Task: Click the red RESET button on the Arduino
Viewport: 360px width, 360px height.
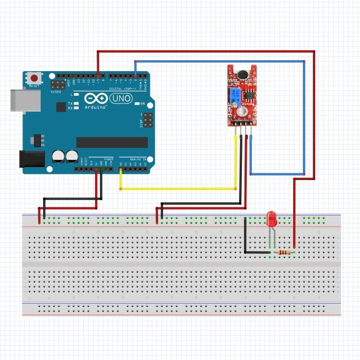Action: (x=34, y=78)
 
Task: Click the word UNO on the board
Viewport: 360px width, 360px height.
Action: (x=121, y=98)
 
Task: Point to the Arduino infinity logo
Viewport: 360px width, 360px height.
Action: (x=96, y=98)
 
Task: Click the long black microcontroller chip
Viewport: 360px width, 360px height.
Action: (x=112, y=142)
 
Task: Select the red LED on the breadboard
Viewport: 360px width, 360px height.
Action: (x=271, y=220)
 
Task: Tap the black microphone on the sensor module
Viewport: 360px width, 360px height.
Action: (x=241, y=74)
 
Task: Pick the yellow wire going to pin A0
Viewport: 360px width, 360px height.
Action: (x=178, y=189)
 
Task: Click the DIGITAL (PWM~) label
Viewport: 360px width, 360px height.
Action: (x=123, y=88)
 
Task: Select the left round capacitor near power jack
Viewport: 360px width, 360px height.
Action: (x=59, y=157)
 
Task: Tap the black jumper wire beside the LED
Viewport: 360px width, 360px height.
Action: (x=245, y=236)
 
